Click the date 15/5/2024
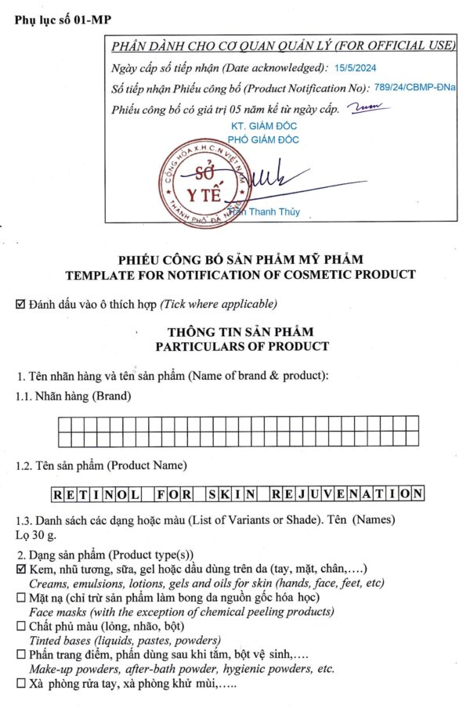pyautogui.click(x=355, y=69)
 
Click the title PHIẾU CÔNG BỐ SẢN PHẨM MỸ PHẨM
pyautogui.click(x=240, y=259)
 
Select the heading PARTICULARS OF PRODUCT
pyautogui.click(x=242, y=346)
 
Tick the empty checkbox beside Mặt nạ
pyautogui.click(x=20, y=598)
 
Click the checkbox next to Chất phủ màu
pyautogui.click(x=20, y=626)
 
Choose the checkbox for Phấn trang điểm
pyautogui.click(x=20, y=654)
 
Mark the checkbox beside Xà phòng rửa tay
pyautogui.click(x=20, y=683)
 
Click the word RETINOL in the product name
pyautogui.click(x=96, y=494)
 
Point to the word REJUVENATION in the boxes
pyautogui.click(x=346, y=494)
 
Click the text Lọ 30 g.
pyautogui.click(x=36, y=535)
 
